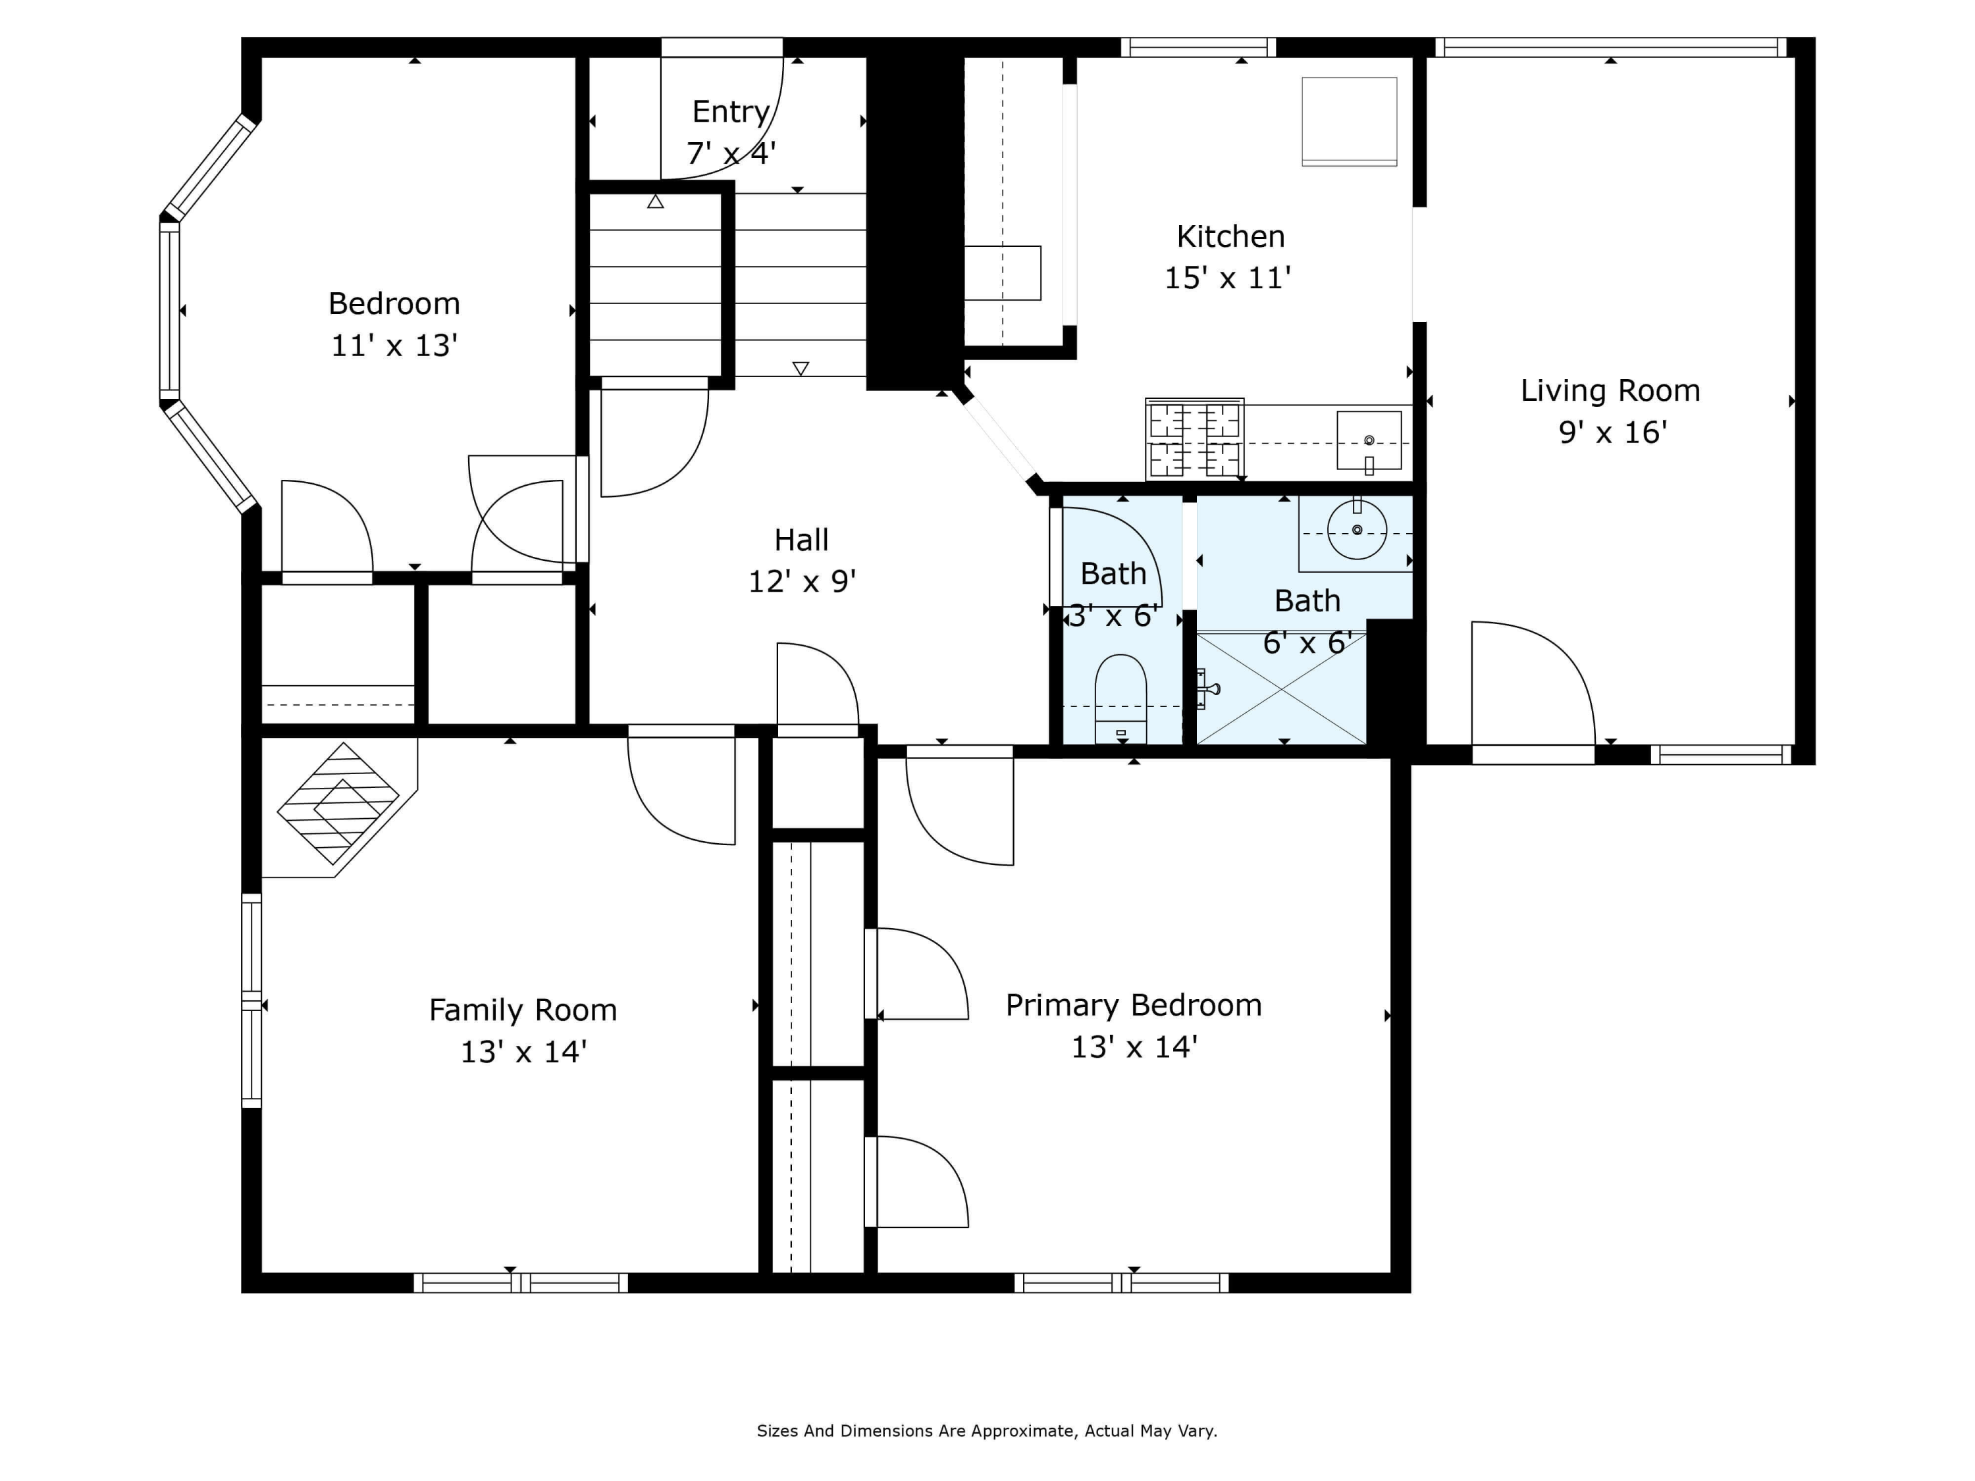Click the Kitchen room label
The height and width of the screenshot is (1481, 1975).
[1230, 236]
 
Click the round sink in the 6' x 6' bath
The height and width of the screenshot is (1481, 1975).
[1356, 531]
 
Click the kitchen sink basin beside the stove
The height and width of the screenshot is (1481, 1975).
[1368, 440]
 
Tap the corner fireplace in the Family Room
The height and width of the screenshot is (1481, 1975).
[338, 804]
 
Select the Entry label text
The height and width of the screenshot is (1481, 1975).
[730, 112]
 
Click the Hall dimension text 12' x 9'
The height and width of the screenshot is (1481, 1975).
[801, 582]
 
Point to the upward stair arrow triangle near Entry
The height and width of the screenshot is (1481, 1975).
[655, 203]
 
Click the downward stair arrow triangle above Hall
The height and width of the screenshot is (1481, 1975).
[800, 369]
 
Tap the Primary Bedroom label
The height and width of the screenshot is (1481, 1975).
[1133, 1005]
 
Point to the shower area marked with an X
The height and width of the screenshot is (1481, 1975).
[1280, 689]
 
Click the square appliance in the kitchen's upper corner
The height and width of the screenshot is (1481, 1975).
[1348, 120]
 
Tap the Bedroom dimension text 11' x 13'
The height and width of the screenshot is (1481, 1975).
[394, 346]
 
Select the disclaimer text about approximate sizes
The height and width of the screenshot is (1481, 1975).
[987, 1431]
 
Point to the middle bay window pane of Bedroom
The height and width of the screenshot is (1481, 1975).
[170, 310]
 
